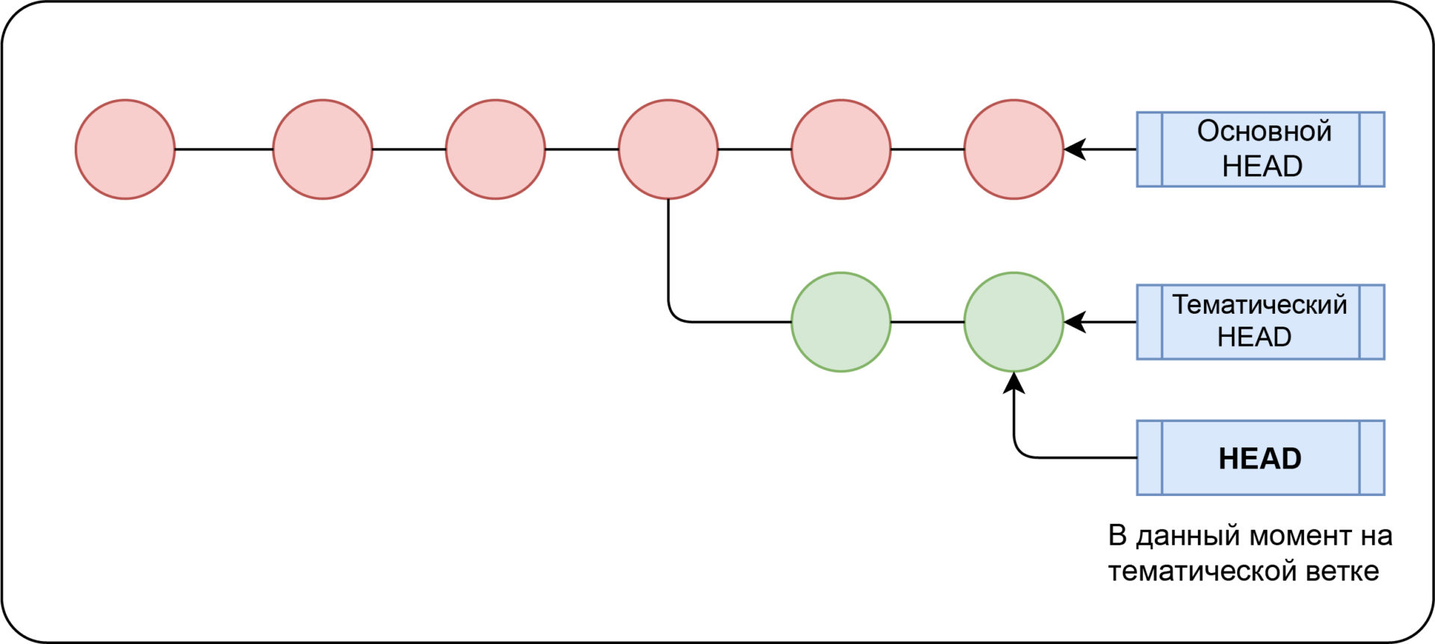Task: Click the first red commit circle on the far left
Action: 125,149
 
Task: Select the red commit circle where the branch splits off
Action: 668,149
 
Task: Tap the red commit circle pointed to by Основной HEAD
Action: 1013,149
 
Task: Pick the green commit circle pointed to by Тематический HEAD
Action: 1013,322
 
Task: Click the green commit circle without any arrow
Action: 841,322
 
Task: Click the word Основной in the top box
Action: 1264,131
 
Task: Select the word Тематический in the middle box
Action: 1259,305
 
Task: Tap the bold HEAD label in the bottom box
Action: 1260,458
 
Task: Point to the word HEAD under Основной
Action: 1262,166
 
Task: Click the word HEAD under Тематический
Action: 1254,337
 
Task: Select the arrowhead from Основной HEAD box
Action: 1075,149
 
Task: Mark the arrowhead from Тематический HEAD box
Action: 1075,322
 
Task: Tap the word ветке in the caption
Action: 1342,572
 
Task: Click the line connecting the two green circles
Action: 928,322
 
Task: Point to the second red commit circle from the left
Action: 322,149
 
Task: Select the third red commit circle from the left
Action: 495,149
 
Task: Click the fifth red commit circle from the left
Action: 841,149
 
